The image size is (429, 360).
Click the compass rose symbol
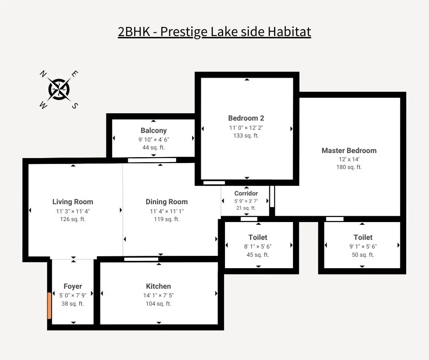(59, 89)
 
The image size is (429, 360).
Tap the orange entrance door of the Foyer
(49, 306)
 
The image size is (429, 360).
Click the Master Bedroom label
(349, 150)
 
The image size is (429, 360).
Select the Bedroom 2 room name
(246, 118)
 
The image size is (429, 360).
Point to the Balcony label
(153, 131)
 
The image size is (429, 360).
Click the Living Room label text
(73, 201)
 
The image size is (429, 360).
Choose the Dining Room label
(167, 201)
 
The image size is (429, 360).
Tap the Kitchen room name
(158, 286)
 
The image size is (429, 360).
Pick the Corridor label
(246, 193)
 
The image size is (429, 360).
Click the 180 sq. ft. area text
(349, 167)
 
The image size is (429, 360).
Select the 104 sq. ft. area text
(158, 304)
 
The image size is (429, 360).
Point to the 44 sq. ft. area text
(153, 148)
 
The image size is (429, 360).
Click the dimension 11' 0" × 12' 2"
(246, 127)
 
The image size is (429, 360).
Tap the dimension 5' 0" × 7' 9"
(73, 295)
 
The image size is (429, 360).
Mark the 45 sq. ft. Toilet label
(258, 237)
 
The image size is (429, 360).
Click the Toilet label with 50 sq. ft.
(363, 237)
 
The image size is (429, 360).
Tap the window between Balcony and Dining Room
(152, 160)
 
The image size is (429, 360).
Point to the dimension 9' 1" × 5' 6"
(363, 246)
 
